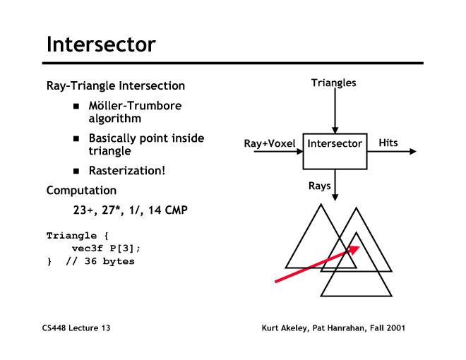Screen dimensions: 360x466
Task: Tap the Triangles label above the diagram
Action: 334,83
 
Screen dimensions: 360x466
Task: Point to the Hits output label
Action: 388,143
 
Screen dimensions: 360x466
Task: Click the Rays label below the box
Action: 319,186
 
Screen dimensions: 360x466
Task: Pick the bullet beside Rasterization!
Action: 76,170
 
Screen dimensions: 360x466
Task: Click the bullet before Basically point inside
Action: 76,138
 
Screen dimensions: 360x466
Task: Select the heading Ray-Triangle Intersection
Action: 116,86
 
